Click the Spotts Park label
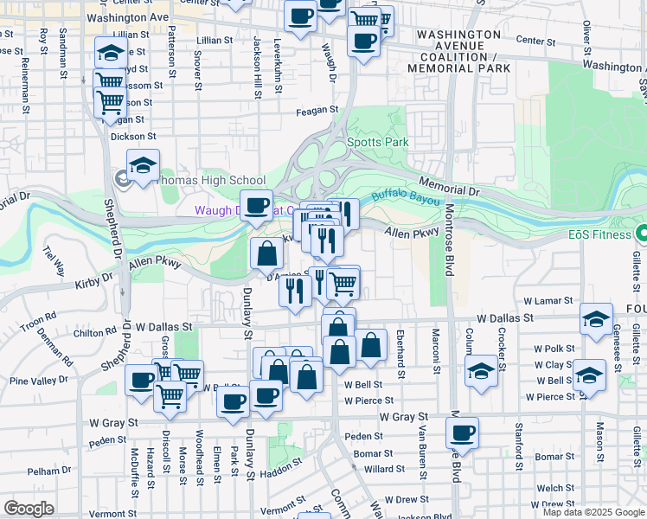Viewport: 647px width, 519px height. (376, 142)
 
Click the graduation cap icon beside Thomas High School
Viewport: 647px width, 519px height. (143, 163)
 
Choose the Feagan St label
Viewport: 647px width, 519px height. (315, 110)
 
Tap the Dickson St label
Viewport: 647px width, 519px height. (133, 136)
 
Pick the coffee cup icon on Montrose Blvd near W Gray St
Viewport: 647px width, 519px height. (463, 431)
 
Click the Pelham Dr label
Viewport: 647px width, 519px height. (43, 471)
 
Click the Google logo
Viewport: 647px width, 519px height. (29, 509)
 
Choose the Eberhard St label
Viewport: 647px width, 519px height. (400, 353)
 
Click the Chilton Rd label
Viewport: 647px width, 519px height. (95, 331)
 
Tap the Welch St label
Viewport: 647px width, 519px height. (548, 488)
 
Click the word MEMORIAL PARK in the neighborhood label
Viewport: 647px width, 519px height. (464, 67)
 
